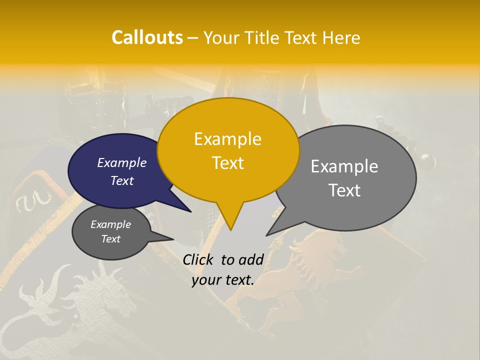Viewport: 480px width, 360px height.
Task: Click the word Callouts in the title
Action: click(147, 37)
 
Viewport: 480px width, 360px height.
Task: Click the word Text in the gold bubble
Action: click(227, 162)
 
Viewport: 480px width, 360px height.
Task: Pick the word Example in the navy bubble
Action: click(122, 162)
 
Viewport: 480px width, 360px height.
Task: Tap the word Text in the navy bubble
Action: click(122, 180)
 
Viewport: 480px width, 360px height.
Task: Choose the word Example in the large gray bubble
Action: click(344, 166)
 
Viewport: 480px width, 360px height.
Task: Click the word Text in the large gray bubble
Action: click(345, 190)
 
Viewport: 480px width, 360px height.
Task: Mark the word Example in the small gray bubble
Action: click(110, 224)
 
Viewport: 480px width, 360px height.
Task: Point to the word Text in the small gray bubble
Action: click(110, 239)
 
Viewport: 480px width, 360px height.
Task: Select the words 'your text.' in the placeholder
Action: click(223, 280)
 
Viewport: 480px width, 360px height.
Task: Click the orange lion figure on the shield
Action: click(300, 260)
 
